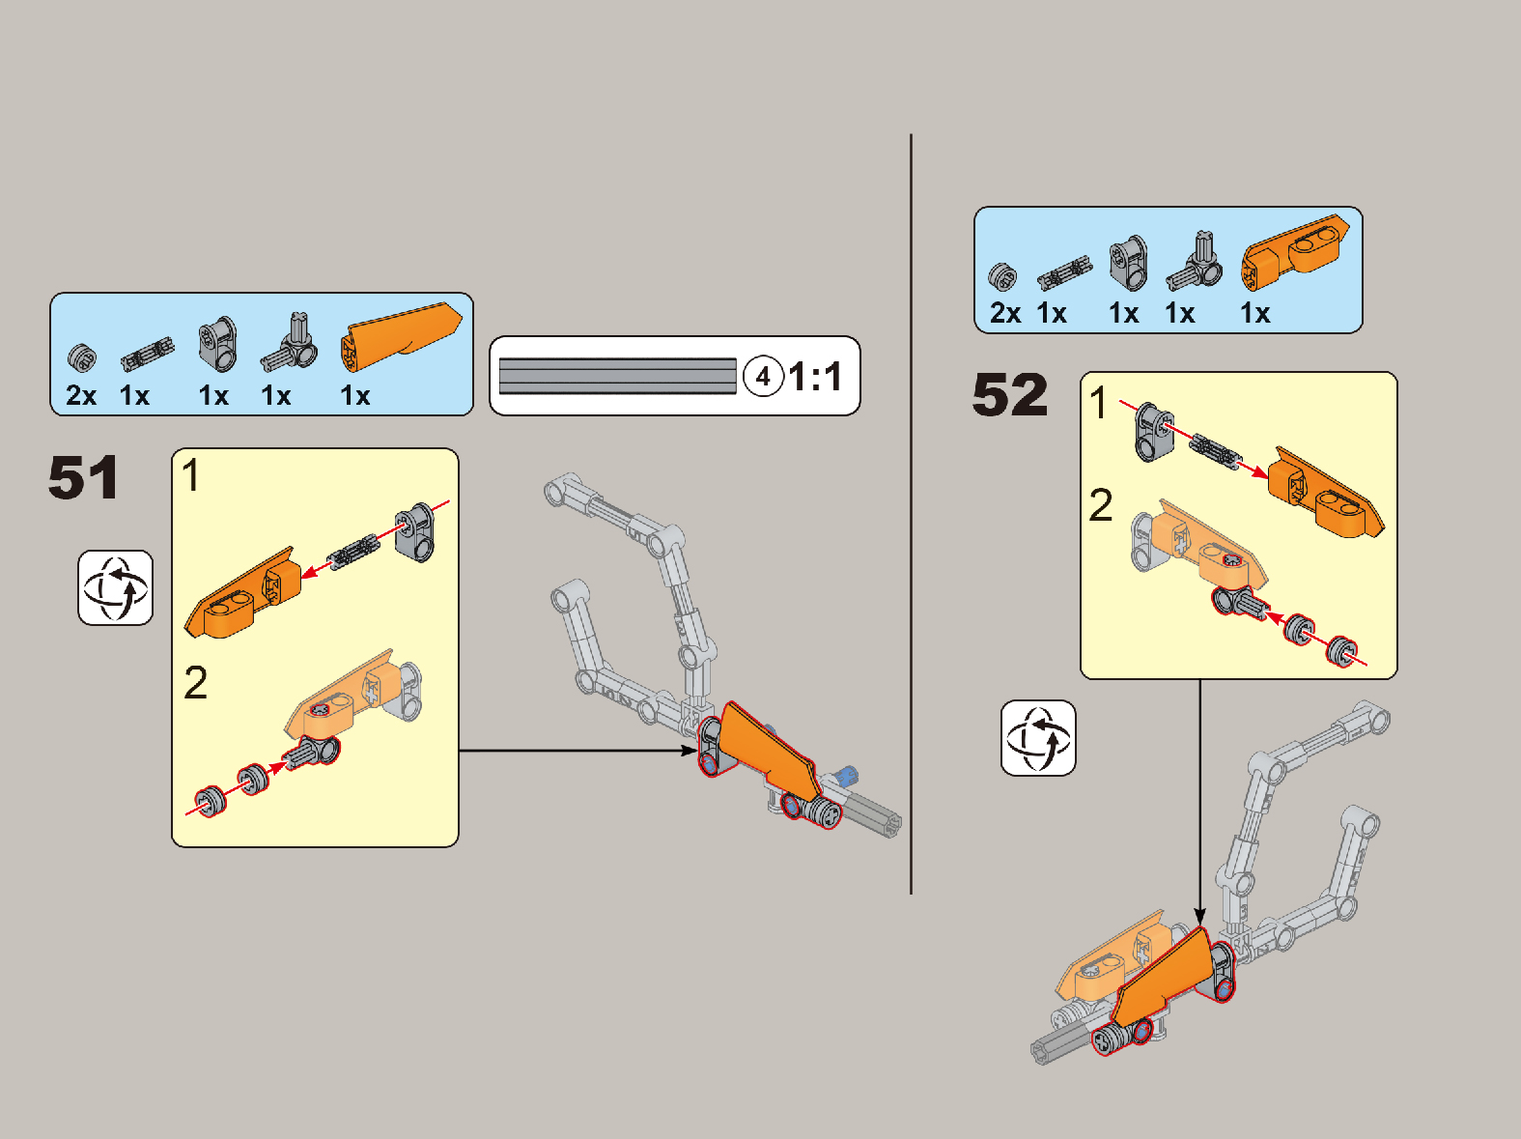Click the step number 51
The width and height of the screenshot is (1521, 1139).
click(83, 477)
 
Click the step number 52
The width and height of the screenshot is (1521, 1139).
click(1009, 394)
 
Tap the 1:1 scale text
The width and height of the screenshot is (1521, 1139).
click(815, 377)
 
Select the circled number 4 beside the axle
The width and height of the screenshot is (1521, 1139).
click(763, 377)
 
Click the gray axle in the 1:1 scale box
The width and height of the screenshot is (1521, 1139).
click(617, 376)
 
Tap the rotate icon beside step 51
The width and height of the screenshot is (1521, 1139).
click(115, 588)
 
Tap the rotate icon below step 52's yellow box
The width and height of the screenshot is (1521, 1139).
click(1038, 738)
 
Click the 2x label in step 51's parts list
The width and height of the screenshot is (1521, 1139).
click(81, 396)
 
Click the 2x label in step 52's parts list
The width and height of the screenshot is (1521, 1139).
click(1004, 313)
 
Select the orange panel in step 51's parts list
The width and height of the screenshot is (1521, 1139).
click(400, 337)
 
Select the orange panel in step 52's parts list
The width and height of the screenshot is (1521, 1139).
click(1294, 253)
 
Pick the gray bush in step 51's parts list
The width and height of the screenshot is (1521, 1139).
click(82, 357)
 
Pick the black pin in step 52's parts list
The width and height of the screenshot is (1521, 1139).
click(1064, 271)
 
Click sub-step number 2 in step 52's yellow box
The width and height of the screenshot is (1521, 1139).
click(1100, 505)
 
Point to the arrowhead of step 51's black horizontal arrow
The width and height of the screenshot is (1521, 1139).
click(690, 750)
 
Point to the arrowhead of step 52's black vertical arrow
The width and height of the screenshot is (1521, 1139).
click(1200, 917)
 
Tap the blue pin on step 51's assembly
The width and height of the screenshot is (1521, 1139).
click(848, 774)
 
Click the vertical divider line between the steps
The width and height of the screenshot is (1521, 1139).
click(911, 514)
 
